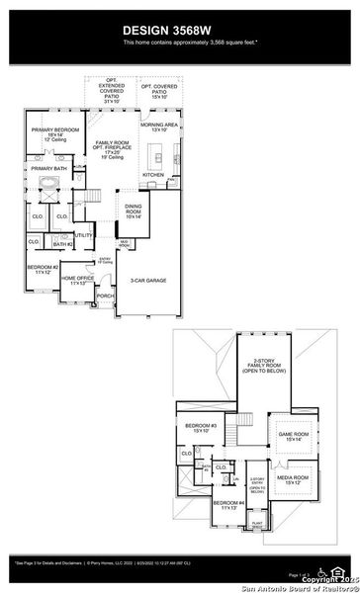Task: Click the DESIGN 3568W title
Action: coord(179,31)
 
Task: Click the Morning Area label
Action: coord(158,127)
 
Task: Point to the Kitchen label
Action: coord(152,174)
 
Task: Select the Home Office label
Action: coord(78,280)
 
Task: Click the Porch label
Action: coord(105,295)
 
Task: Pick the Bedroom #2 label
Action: coord(43,269)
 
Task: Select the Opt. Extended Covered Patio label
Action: coord(112,91)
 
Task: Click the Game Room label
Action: coord(294,436)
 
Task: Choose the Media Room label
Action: coord(294,481)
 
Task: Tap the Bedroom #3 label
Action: coord(201,428)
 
